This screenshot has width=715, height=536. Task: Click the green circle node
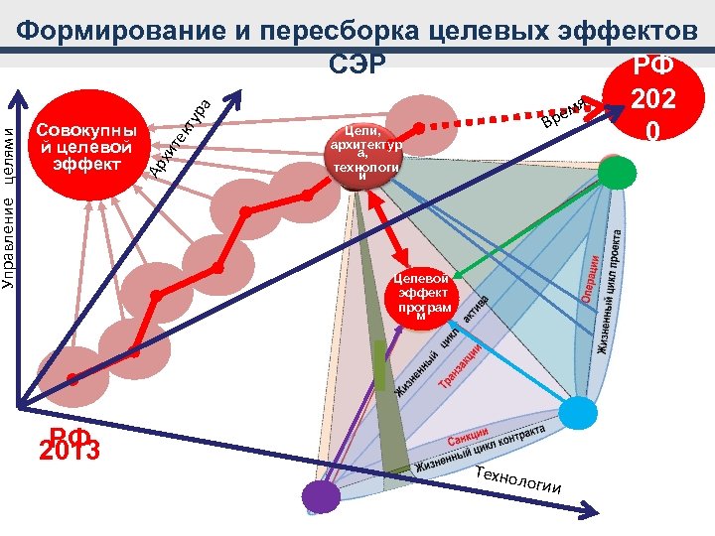[616, 175]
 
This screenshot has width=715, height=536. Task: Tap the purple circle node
[320, 496]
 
